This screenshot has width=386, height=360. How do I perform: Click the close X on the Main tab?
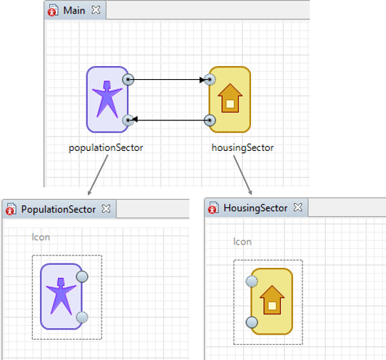tap(96, 10)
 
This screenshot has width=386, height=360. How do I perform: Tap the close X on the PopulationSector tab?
tap(106, 208)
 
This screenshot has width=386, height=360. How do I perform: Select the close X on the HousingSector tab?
tap(298, 208)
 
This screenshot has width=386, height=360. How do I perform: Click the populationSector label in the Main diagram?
tap(106, 148)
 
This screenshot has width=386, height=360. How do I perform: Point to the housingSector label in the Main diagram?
tap(243, 148)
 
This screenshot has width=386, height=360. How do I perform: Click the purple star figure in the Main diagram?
tap(107, 99)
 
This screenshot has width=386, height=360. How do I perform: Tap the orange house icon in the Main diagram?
tap(230, 98)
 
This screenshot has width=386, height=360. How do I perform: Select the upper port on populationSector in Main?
tap(128, 80)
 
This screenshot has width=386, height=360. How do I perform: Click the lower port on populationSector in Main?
tap(128, 120)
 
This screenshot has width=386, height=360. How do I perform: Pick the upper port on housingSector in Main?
tap(210, 80)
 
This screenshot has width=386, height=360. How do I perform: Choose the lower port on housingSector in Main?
tap(210, 120)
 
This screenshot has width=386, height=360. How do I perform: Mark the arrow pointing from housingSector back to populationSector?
tap(169, 120)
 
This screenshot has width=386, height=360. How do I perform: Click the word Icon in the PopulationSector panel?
tap(41, 237)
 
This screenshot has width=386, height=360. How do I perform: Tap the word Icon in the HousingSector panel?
tap(242, 242)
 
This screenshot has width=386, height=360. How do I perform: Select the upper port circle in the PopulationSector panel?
tap(82, 277)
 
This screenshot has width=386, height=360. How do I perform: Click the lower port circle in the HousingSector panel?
tap(252, 322)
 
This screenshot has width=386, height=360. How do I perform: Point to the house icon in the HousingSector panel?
tap(272, 300)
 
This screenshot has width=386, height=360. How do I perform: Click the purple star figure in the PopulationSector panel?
tap(61, 296)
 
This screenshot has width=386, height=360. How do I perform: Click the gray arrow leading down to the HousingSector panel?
tap(242, 175)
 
